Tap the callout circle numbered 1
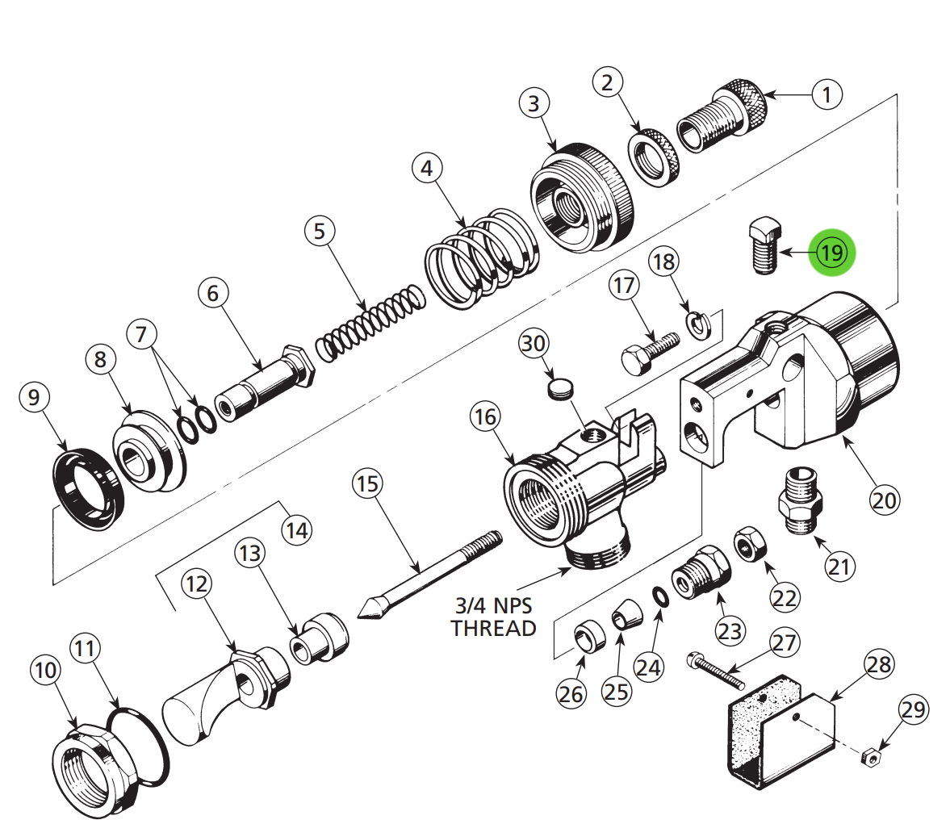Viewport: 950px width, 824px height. point(826,95)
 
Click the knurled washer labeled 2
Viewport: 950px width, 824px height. point(655,157)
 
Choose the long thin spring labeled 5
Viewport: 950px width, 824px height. point(370,322)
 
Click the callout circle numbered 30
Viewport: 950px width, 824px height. point(533,344)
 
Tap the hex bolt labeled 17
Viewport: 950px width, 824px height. point(649,351)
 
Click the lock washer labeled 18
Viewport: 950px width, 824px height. point(698,323)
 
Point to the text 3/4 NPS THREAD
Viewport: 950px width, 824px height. point(493,617)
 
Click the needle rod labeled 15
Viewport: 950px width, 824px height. point(428,575)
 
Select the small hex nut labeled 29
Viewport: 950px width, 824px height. point(870,757)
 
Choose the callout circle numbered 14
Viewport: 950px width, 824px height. point(296,530)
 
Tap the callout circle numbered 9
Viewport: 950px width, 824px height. point(33,397)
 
